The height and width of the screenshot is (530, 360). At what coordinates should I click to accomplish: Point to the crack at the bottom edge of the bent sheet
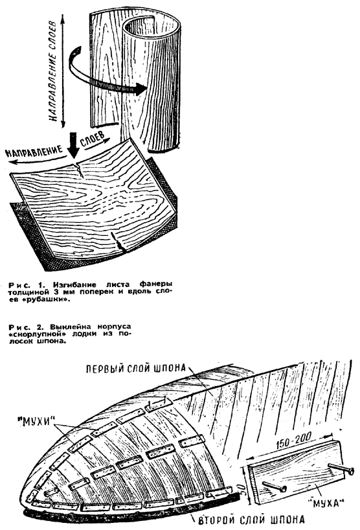pyautogui.click(x=118, y=242)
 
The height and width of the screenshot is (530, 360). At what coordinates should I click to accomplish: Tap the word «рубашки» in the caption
pyautogui.click(x=52, y=299)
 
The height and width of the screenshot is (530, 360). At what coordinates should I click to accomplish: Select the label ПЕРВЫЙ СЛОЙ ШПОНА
pyautogui.click(x=135, y=368)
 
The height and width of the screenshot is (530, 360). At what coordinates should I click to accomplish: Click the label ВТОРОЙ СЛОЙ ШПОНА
pyautogui.click(x=252, y=519)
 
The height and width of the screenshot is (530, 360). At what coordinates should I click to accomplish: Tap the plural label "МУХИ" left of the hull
pyautogui.click(x=38, y=422)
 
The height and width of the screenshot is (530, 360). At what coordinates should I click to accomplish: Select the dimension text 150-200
pyautogui.click(x=293, y=441)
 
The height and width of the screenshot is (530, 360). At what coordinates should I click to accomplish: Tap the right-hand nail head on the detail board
pyautogui.click(x=350, y=470)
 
